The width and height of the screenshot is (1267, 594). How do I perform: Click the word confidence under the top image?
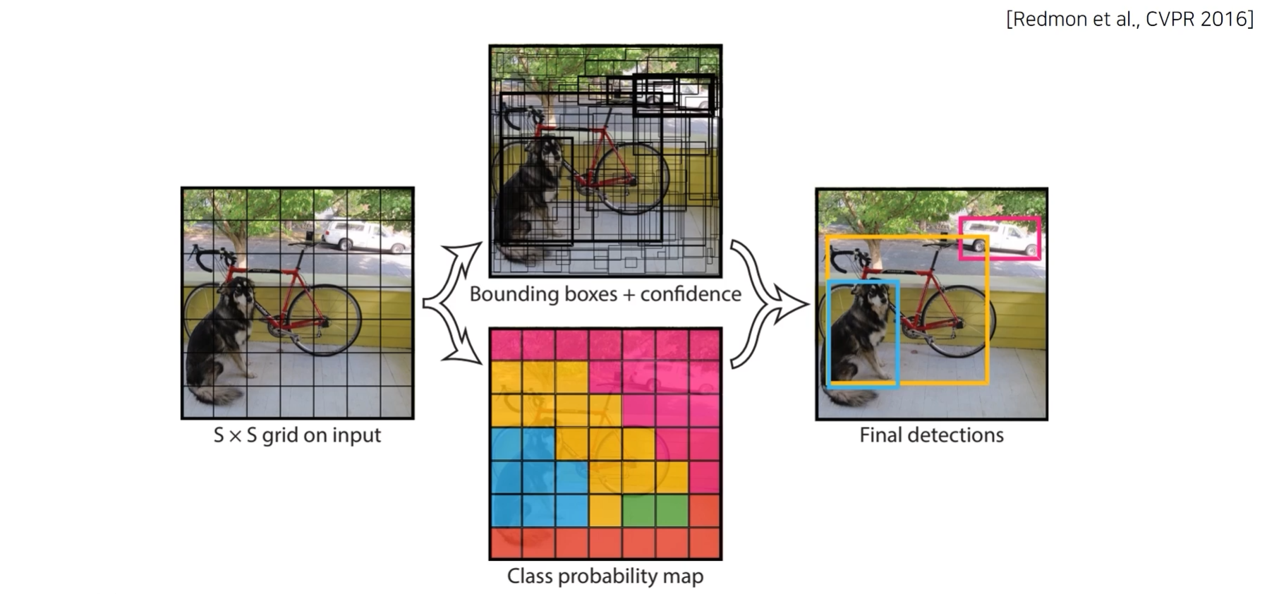tap(691, 293)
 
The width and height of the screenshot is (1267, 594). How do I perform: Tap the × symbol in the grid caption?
tap(236, 436)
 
